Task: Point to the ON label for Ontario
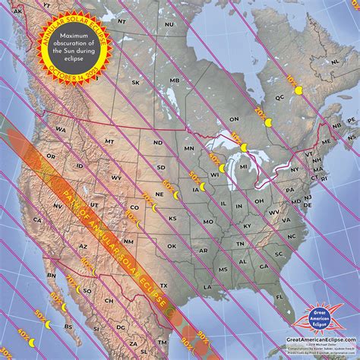234,119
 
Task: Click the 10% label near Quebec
291,78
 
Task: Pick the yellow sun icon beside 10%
299,89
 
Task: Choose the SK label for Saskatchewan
136,82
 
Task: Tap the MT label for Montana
109,141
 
